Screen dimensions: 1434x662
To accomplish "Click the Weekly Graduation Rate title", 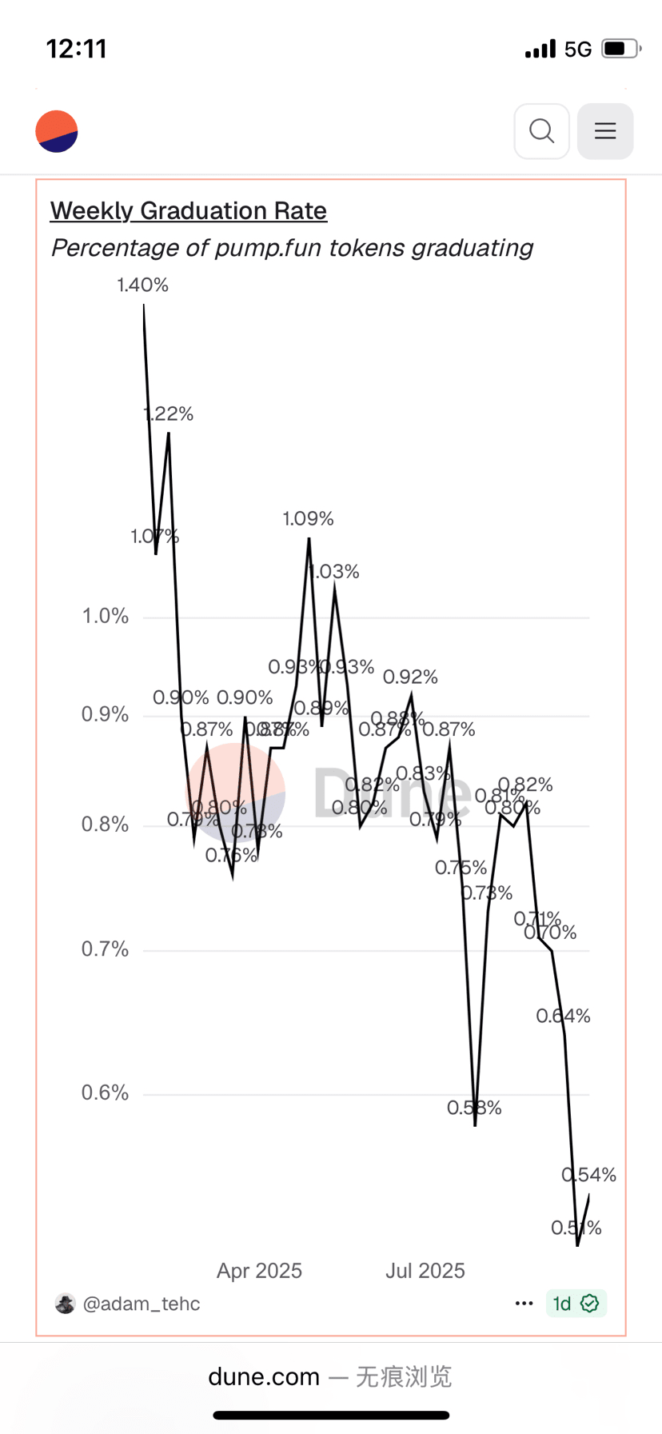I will click(189, 211).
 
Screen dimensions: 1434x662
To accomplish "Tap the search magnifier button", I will click(541, 131).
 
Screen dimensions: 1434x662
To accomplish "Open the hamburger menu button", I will click(605, 131).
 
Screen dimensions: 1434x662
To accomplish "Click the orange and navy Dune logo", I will click(57, 131).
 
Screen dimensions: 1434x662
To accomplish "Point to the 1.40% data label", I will click(142, 286).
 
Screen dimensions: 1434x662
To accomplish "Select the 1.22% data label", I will click(169, 414).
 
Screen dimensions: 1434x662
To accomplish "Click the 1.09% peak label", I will click(308, 519).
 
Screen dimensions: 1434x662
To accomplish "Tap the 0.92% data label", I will click(410, 677).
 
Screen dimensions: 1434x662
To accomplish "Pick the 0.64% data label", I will click(563, 1017).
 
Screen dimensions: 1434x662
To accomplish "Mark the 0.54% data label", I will click(588, 1175).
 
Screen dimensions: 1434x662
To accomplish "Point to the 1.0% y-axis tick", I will click(106, 617).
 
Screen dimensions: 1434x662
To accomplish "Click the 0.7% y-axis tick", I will click(106, 949).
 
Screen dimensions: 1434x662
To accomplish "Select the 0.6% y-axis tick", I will click(106, 1093).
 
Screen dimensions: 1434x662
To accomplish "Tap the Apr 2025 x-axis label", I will click(259, 1271).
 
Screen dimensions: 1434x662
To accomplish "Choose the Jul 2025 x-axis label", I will click(425, 1271).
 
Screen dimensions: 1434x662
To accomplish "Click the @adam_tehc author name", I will click(142, 1304).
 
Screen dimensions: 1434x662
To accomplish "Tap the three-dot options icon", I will click(524, 1304).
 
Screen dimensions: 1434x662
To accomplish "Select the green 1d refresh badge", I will click(576, 1304).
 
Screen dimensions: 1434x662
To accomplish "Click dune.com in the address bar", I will click(264, 1376).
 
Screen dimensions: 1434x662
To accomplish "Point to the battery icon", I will click(620, 49).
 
